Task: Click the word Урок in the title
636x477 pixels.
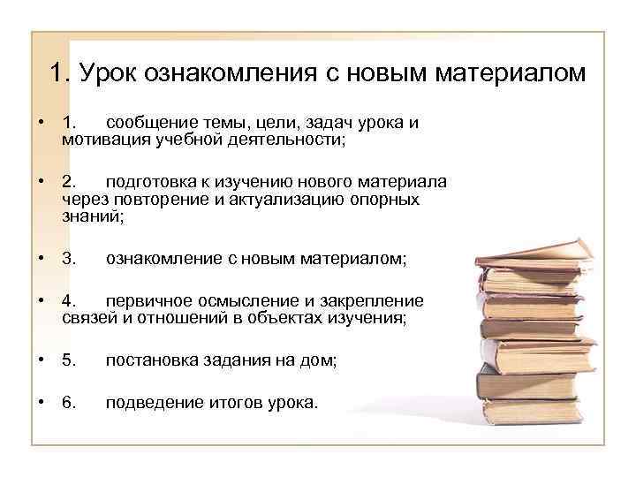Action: (110, 72)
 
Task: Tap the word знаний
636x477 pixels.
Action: (89, 216)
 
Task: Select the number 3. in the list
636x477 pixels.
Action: (70, 259)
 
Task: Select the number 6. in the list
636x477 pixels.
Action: (70, 403)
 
